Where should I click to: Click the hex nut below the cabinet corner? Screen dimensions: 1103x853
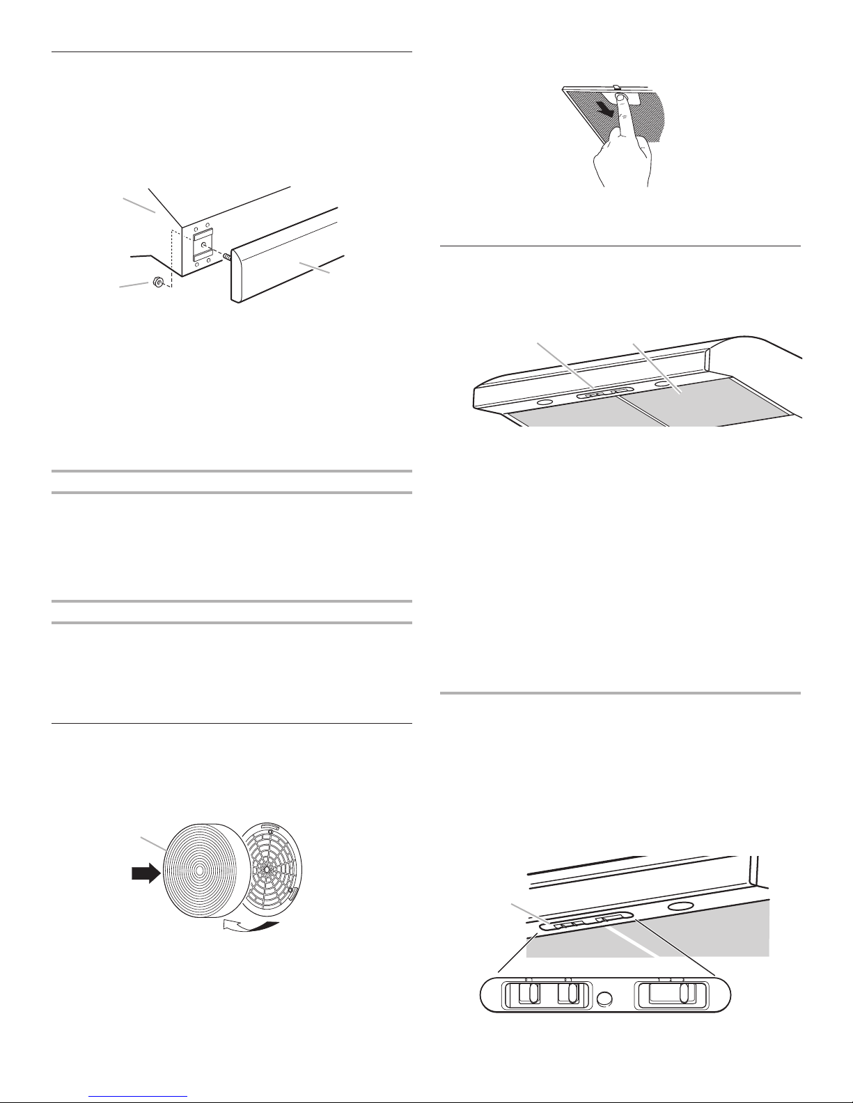(x=157, y=282)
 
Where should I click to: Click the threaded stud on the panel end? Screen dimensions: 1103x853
(x=226, y=257)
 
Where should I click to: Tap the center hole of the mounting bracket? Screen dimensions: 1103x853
(x=203, y=245)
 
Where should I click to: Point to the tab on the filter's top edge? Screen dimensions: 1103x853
(x=616, y=87)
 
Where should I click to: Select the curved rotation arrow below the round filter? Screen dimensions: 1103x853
(x=251, y=926)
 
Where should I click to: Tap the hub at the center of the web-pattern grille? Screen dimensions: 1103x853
(x=267, y=869)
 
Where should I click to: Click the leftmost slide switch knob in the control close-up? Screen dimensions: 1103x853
(x=529, y=994)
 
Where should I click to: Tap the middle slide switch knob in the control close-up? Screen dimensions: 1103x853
(x=570, y=994)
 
